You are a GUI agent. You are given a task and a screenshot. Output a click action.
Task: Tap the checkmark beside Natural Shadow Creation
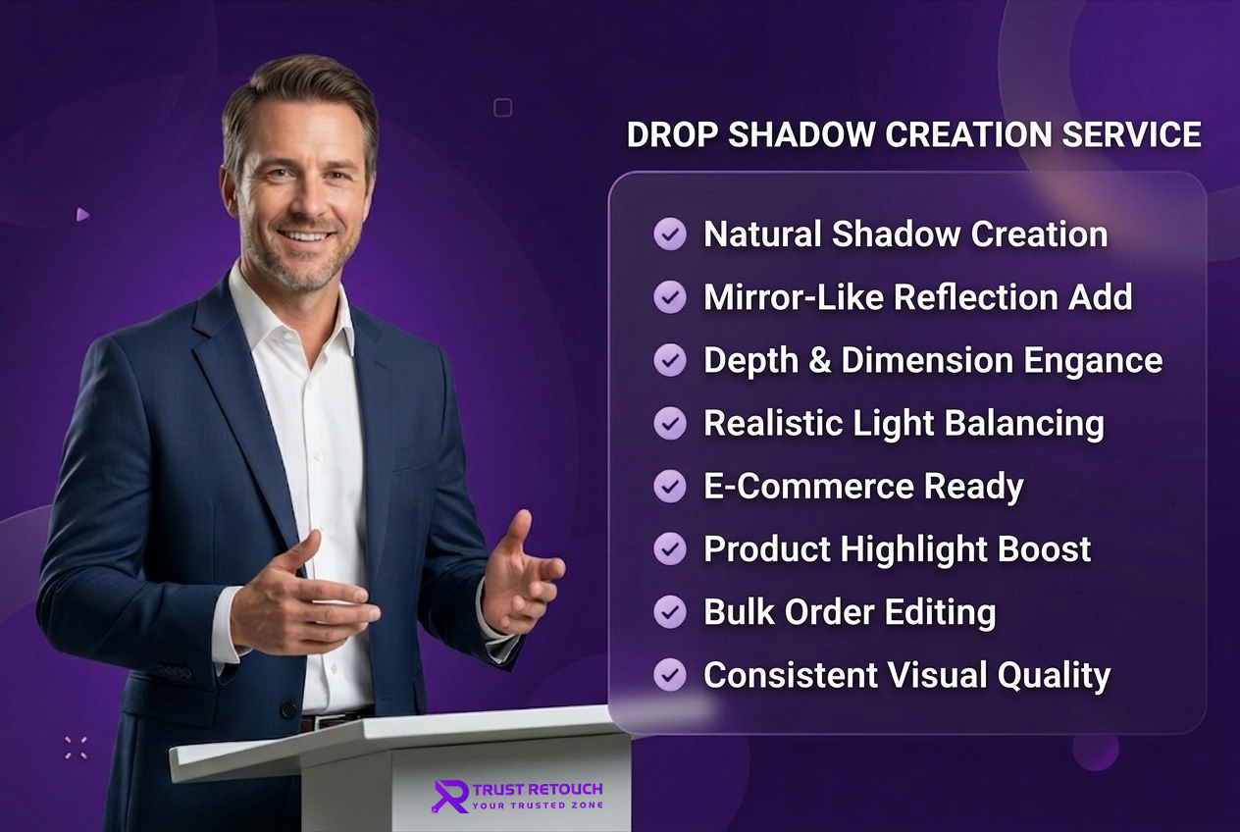click(x=670, y=234)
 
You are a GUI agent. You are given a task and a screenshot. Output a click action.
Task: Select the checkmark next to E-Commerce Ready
click(x=670, y=486)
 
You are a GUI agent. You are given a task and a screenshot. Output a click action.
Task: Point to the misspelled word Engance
click(x=1093, y=362)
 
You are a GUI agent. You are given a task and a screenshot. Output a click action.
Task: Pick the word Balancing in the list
click(x=1024, y=425)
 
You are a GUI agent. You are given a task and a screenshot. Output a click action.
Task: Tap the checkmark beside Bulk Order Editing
click(x=670, y=611)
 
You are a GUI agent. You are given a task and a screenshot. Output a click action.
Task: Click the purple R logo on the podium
click(x=450, y=796)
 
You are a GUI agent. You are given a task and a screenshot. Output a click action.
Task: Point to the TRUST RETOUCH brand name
click(x=538, y=789)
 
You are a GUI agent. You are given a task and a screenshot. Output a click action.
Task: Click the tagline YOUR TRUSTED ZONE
click(x=538, y=806)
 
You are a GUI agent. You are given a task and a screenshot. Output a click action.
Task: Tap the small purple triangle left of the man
click(x=82, y=214)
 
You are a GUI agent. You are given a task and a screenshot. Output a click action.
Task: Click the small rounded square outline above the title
click(x=502, y=107)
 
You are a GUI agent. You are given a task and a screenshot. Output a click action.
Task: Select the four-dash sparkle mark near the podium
click(x=76, y=748)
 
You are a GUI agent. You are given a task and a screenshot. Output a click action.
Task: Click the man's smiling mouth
click(x=304, y=236)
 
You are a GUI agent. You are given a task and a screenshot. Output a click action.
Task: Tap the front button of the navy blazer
click(x=287, y=709)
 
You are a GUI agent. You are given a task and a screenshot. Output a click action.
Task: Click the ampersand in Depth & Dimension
click(x=820, y=360)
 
